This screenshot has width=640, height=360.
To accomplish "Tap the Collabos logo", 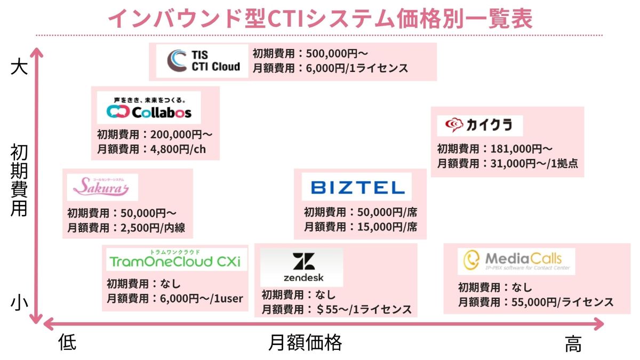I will pyautogui.click(x=149, y=108).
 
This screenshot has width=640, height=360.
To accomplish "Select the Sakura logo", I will pyautogui.click(x=102, y=187).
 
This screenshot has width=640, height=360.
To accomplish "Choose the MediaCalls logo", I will pyautogui.click(x=516, y=261).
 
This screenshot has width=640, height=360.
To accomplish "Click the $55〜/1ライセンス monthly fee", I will pyautogui.click(x=363, y=309).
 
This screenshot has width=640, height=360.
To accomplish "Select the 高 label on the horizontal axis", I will pyautogui.click(x=573, y=345).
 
